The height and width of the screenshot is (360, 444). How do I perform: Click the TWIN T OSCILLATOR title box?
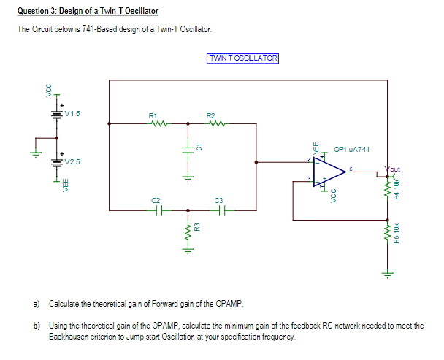click(243, 58)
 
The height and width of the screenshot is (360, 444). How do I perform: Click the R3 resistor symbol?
click(187, 232)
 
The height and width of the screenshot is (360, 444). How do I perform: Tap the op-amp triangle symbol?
click(329, 170)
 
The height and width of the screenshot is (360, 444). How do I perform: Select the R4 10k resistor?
click(387, 192)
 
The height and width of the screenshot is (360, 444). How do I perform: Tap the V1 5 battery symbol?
click(56, 115)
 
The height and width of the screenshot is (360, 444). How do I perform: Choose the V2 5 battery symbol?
click(56, 162)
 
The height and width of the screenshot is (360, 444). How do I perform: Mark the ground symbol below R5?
click(387, 275)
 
